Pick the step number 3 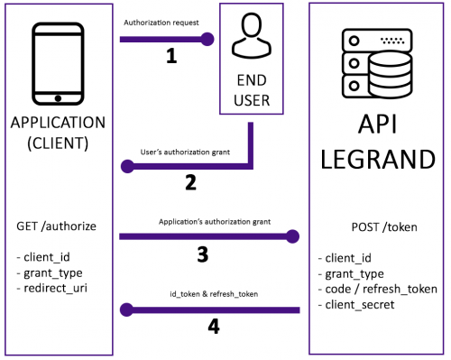(x=204, y=254)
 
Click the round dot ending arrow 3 (x=291, y=237)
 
